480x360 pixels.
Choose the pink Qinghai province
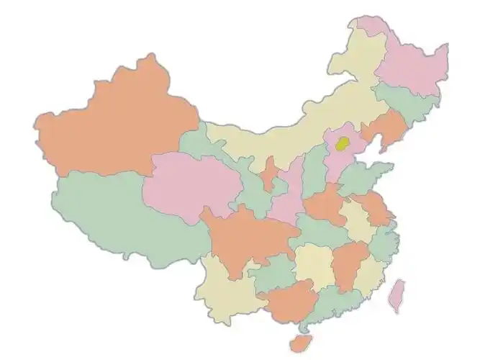click(x=191, y=184)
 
